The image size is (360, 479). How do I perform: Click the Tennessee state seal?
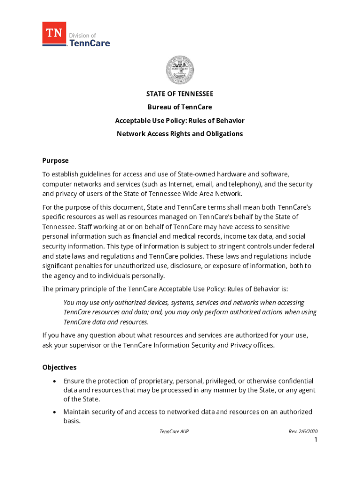point(180,70)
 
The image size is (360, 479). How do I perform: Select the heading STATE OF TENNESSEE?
point(180,94)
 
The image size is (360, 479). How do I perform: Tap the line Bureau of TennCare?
point(180,107)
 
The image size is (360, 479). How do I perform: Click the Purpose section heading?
point(55,160)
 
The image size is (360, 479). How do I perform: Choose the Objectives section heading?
point(59,367)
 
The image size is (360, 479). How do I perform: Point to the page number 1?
point(316,440)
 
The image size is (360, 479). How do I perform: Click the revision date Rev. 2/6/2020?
point(303,431)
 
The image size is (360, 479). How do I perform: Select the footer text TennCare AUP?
point(174,431)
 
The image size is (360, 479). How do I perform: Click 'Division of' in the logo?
point(82,36)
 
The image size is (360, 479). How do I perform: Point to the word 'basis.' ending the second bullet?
point(72,421)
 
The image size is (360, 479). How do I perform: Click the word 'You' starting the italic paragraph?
point(69,303)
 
